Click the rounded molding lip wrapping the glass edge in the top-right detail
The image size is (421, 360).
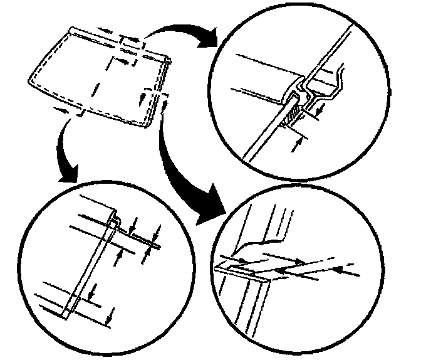pyautogui.click(x=289, y=98)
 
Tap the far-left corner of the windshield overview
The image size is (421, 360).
pyautogui.click(x=29, y=80)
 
